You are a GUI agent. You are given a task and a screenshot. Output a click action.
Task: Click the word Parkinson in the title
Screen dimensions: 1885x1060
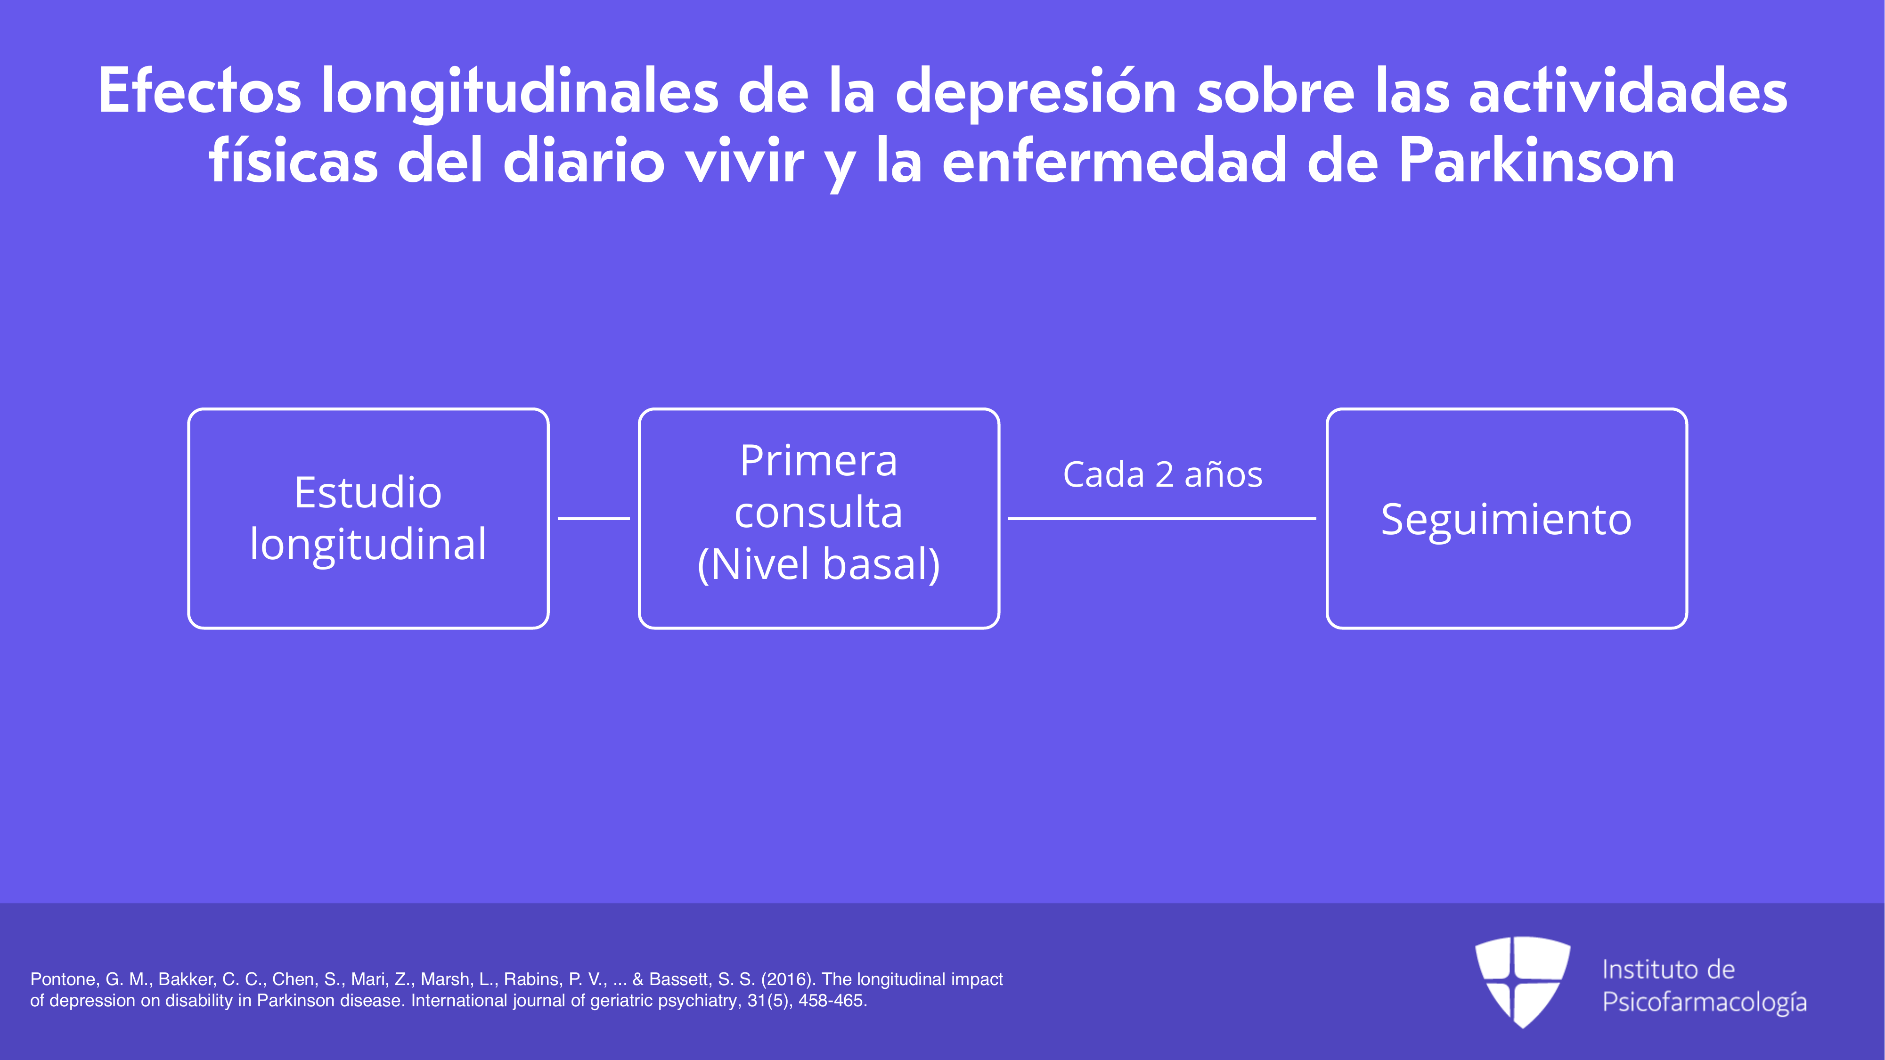point(1537,162)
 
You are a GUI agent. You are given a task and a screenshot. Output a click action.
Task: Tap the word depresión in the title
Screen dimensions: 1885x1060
point(1036,92)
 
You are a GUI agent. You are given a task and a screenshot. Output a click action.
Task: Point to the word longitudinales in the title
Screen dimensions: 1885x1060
point(520,92)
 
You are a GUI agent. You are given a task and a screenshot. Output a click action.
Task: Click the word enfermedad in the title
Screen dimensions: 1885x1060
point(1114,161)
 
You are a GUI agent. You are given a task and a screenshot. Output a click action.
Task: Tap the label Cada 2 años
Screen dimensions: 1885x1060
point(1162,474)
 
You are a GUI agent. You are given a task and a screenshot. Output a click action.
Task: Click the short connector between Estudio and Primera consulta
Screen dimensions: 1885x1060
point(594,519)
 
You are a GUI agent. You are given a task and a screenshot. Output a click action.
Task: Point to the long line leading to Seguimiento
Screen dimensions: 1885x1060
point(1162,519)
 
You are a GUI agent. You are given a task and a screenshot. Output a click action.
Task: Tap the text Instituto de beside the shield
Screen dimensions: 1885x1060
point(1668,969)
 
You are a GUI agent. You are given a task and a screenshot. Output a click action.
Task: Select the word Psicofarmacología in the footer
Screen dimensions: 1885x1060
point(1704,1002)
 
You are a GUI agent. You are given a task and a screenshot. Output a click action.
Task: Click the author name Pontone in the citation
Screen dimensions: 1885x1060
point(64,979)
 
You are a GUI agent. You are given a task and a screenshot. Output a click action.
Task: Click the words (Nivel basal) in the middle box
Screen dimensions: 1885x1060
point(819,564)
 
